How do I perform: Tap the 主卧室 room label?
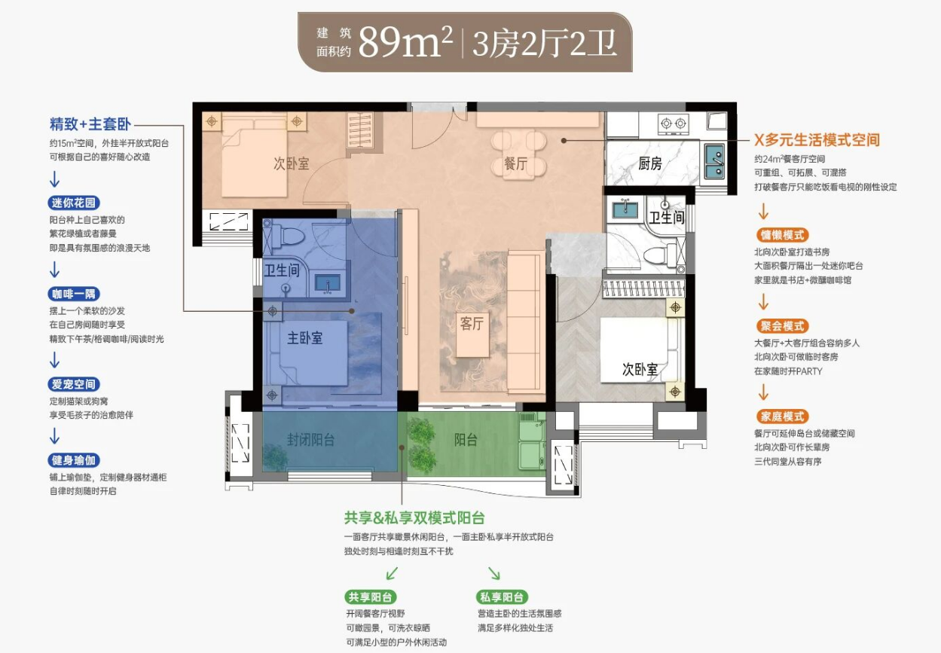click(305, 338)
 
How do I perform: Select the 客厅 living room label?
click(472, 323)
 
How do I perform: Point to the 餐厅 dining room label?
click(515, 163)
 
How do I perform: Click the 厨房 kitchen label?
click(650, 163)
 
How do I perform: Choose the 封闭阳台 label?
click(311, 440)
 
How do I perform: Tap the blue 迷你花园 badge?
click(74, 203)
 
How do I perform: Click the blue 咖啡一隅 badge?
click(74, 294)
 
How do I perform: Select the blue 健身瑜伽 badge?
click(74, 460)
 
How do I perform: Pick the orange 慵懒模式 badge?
click(783, 235)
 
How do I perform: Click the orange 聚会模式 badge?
click(783, 326)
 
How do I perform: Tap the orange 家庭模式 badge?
click(783, 417)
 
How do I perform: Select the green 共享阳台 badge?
click(370, 597)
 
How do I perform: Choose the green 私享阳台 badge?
click(502, 597)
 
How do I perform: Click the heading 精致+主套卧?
click(90, 124)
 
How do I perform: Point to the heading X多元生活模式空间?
click(817, 140)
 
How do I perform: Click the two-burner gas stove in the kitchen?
click(674, 124)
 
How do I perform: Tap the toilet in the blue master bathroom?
click(288, 237)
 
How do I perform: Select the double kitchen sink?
click(714, 160)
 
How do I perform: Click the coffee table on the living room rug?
click(472, 334)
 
